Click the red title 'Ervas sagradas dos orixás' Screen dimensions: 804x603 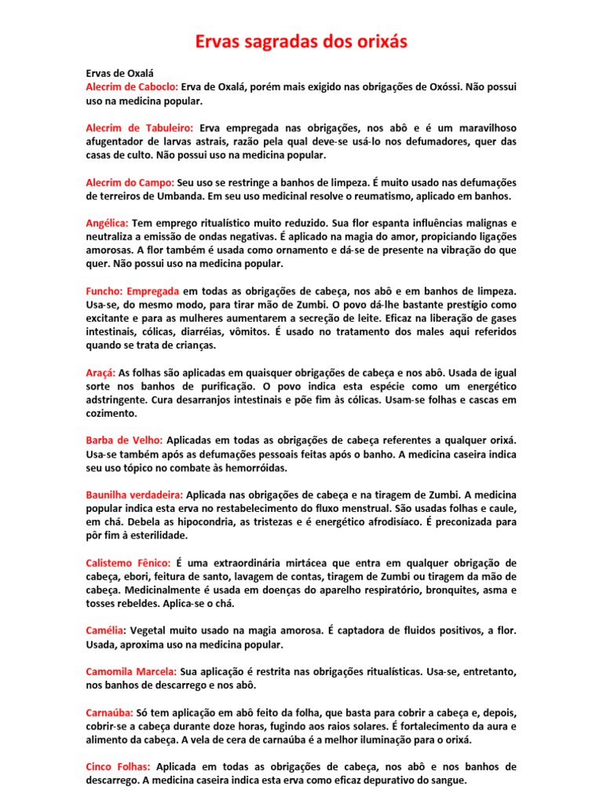point(301,42)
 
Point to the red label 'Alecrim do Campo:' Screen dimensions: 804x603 point(129,182)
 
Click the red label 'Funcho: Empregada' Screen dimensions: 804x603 point(133,291)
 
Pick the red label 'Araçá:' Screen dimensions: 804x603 point(100,372)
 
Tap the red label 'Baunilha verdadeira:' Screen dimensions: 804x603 point(134,495)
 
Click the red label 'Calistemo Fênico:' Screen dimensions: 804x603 point(127,562)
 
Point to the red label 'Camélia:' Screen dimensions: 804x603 point(106,630)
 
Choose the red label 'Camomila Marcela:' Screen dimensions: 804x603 point(131,671)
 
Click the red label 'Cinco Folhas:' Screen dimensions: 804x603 point(119,766)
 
